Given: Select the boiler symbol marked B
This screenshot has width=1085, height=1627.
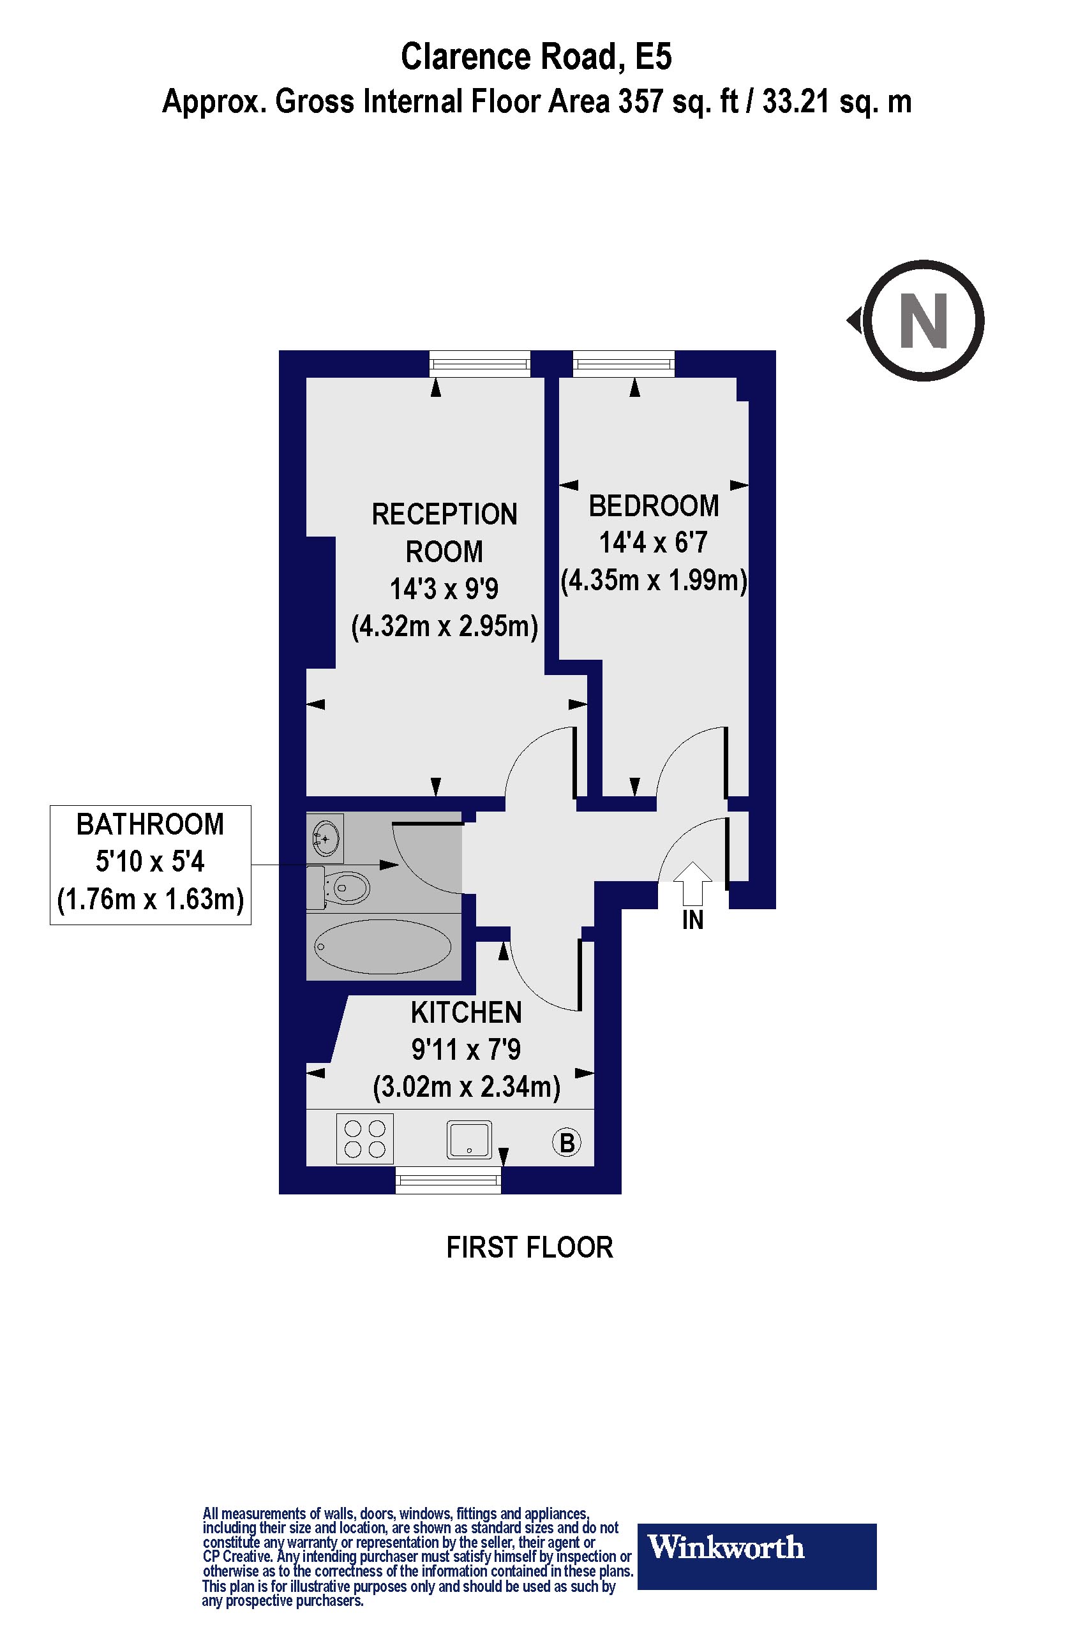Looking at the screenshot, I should pyautogui.click(x=567, y=1142).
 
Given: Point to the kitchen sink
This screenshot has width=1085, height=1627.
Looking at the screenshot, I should pyautogui.click(x=469, y=1140).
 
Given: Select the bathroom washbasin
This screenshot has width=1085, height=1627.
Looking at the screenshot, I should pyautogui.click(x=326, y=838).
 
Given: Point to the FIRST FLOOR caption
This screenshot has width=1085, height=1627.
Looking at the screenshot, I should pyautogui.click(x=529, y=1247).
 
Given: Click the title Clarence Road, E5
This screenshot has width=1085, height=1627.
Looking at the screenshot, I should pyautogui.click(x=535, y=57).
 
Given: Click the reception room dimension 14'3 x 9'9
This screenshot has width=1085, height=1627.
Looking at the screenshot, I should pyautogui.click(x=444, y=589).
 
